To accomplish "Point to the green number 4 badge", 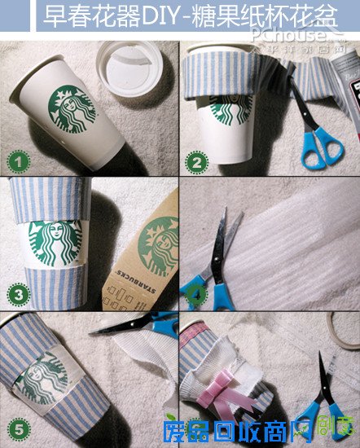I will (196, 294).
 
